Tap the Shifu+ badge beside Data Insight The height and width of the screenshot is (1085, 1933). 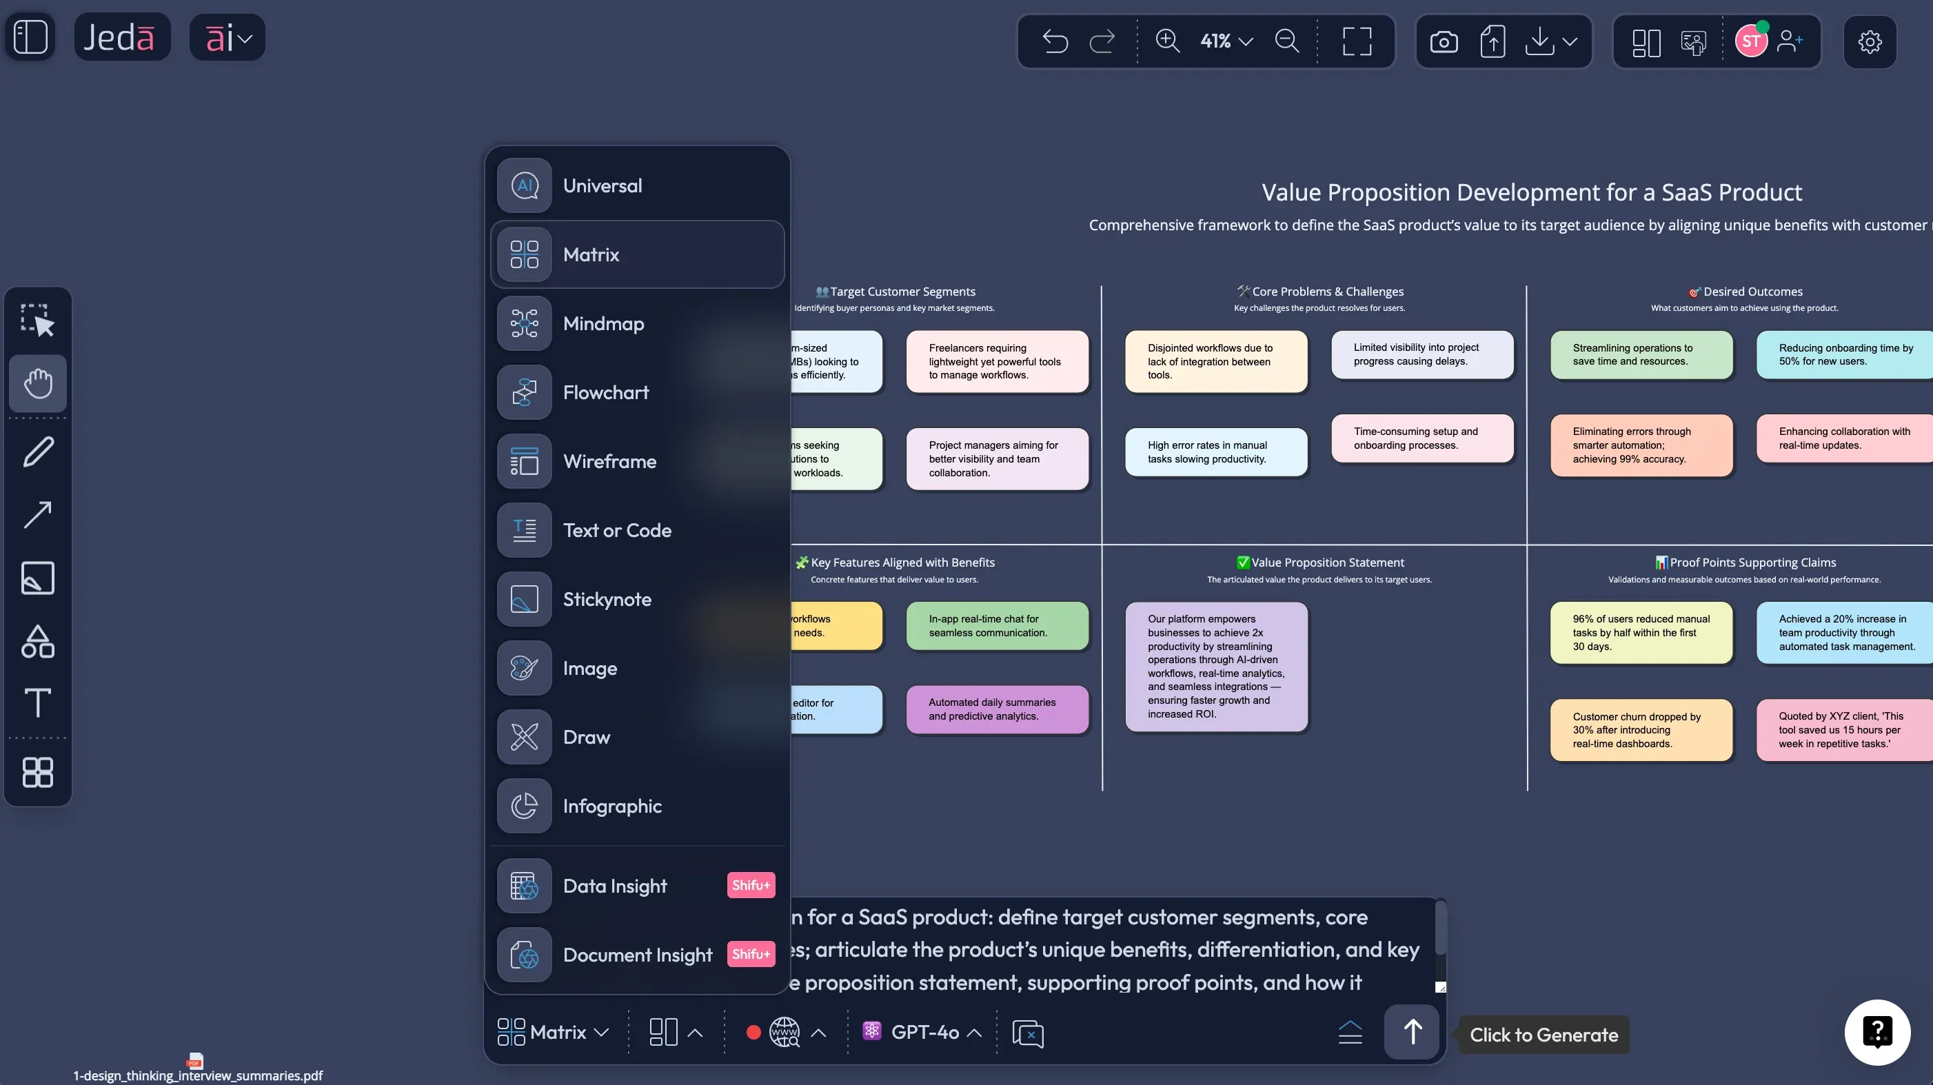[751, 885]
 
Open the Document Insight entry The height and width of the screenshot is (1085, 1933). [637, 955]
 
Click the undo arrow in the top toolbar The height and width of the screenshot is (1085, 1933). [1055, 41]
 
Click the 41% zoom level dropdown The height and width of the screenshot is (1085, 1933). [1226, 41]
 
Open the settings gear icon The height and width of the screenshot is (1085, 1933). [1869, 41]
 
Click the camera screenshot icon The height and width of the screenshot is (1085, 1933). [1443, 41]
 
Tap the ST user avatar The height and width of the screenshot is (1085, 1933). [1750, 41]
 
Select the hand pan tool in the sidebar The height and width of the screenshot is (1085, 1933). [37, 383]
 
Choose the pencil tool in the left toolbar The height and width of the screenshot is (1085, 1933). [37, 452]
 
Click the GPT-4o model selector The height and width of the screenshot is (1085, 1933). [922, 1033]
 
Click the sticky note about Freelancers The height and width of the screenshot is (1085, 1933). [997, 362]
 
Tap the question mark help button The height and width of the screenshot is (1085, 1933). [1876, 1032]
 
